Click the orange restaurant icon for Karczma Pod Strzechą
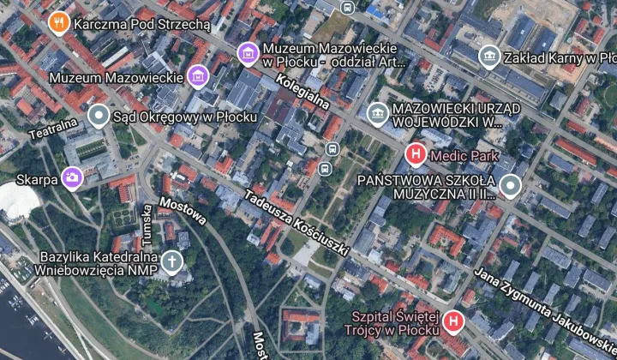tap(59, 23)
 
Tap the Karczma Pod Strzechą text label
tap(141, 23)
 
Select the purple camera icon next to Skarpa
tap(73, 178)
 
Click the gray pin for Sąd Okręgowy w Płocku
tap(99, 114)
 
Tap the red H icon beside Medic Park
tap(415, 155)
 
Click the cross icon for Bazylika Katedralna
tap(173, 261)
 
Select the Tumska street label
tap(148, 223)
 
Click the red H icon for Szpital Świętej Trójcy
tap(453, 322)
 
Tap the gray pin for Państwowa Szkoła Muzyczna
tap(512, 186)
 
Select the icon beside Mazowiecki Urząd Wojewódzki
tap(376, 113)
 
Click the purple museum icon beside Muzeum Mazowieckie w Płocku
tap(248, 52)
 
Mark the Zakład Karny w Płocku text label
tap(560, 57)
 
